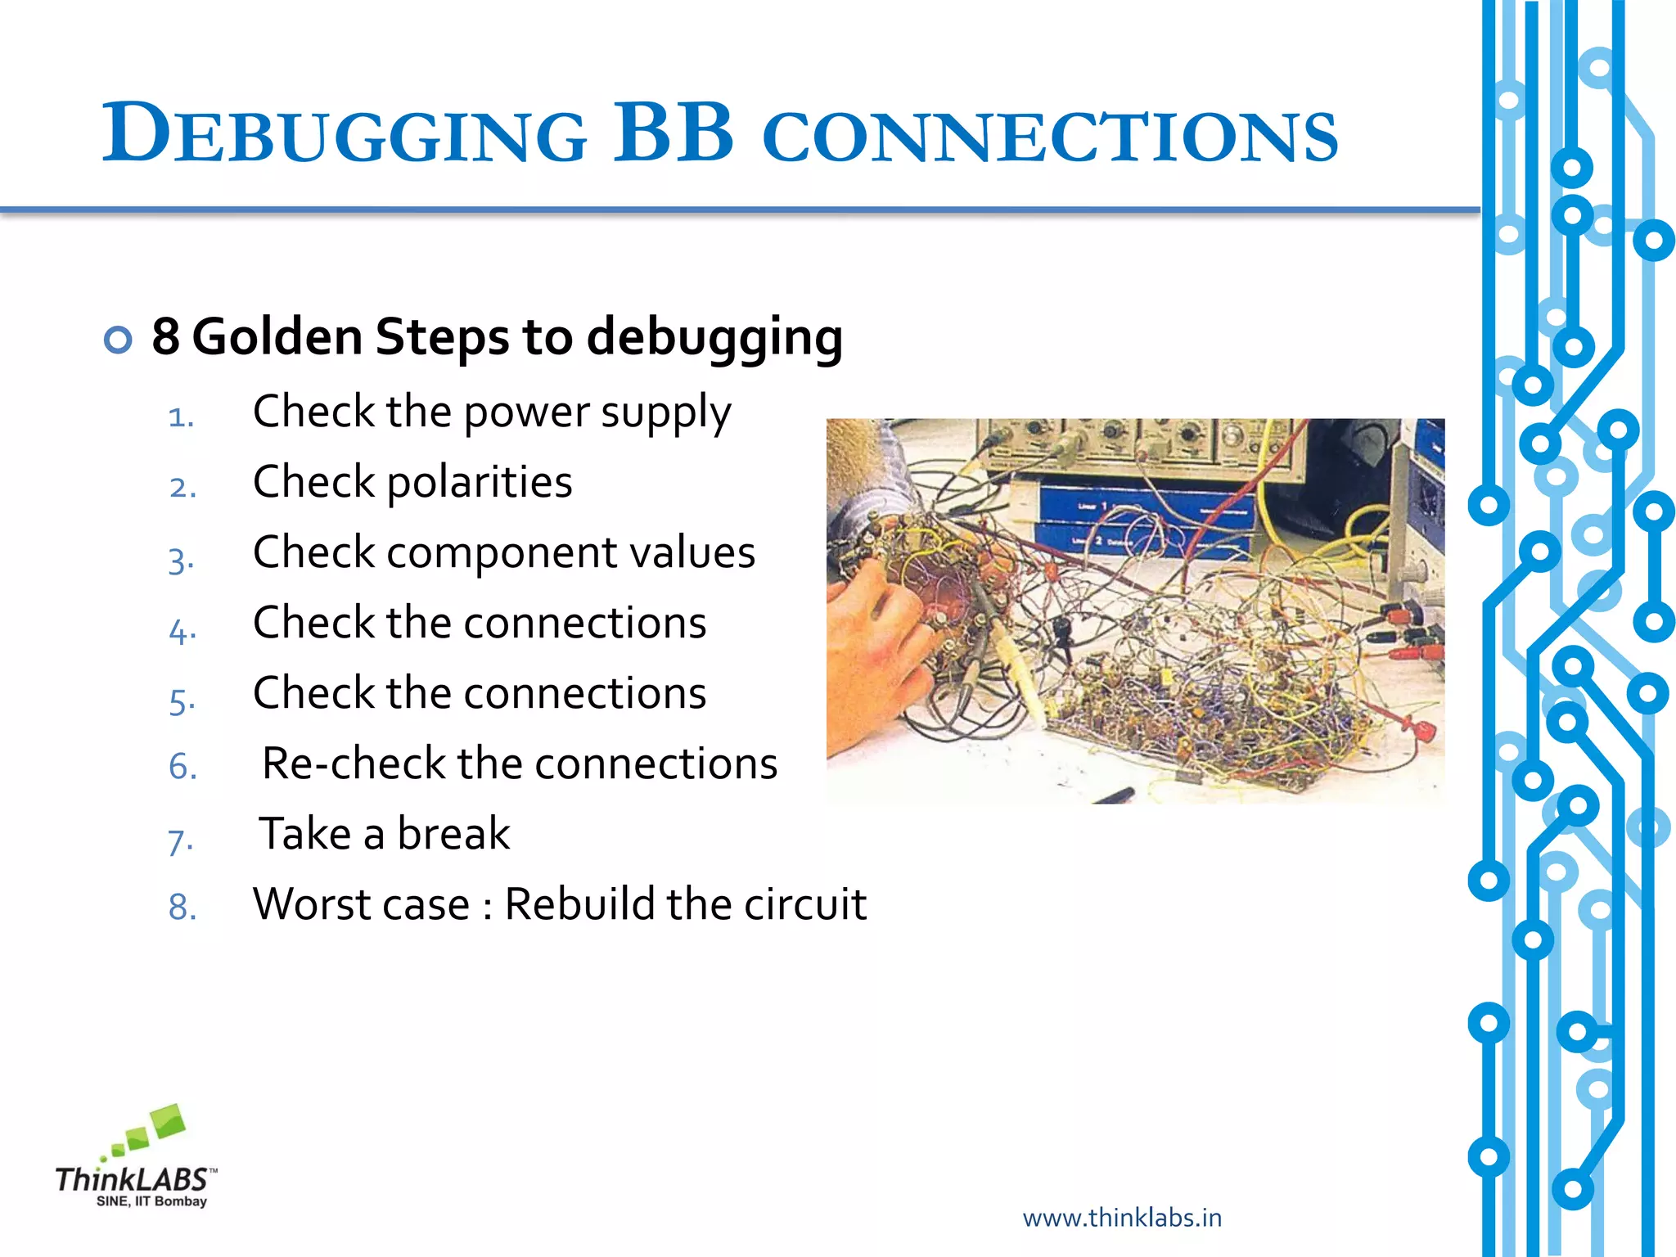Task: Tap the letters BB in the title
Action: (x=673, y=133)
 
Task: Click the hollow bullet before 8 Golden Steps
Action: (x=118, y=340)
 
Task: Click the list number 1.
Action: (x=181, y=417)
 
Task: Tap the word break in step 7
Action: (x=453, y=835)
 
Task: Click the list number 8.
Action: (x=182, y=907)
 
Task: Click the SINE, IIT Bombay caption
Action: (x=151, y=1201)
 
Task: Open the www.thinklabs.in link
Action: (x=1122, y=1218)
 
